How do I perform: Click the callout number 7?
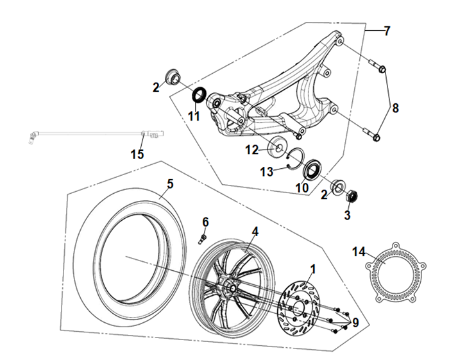(x=387, y=31)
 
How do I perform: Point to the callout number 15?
(x=137, y=154)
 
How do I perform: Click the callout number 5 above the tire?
(x=170, y=184)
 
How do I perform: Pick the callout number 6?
(x=205, y=221)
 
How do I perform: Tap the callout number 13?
(x=265, y=171)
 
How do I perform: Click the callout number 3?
(x=347, y=215)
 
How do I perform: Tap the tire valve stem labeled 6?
(x=200, y=239)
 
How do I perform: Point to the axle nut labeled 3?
(x=351, y=195)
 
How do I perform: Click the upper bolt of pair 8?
(x=377, y=65)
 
